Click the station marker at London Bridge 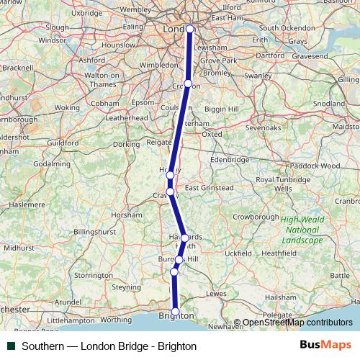[190, 29]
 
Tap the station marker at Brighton [175, 312]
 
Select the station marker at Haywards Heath [184, 238]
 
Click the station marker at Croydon [188, 84]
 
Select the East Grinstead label [209, 188]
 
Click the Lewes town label [216, 293]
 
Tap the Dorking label [127, 144]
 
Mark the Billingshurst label [94, 233]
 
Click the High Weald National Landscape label [302, 230]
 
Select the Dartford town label [269, 55]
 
